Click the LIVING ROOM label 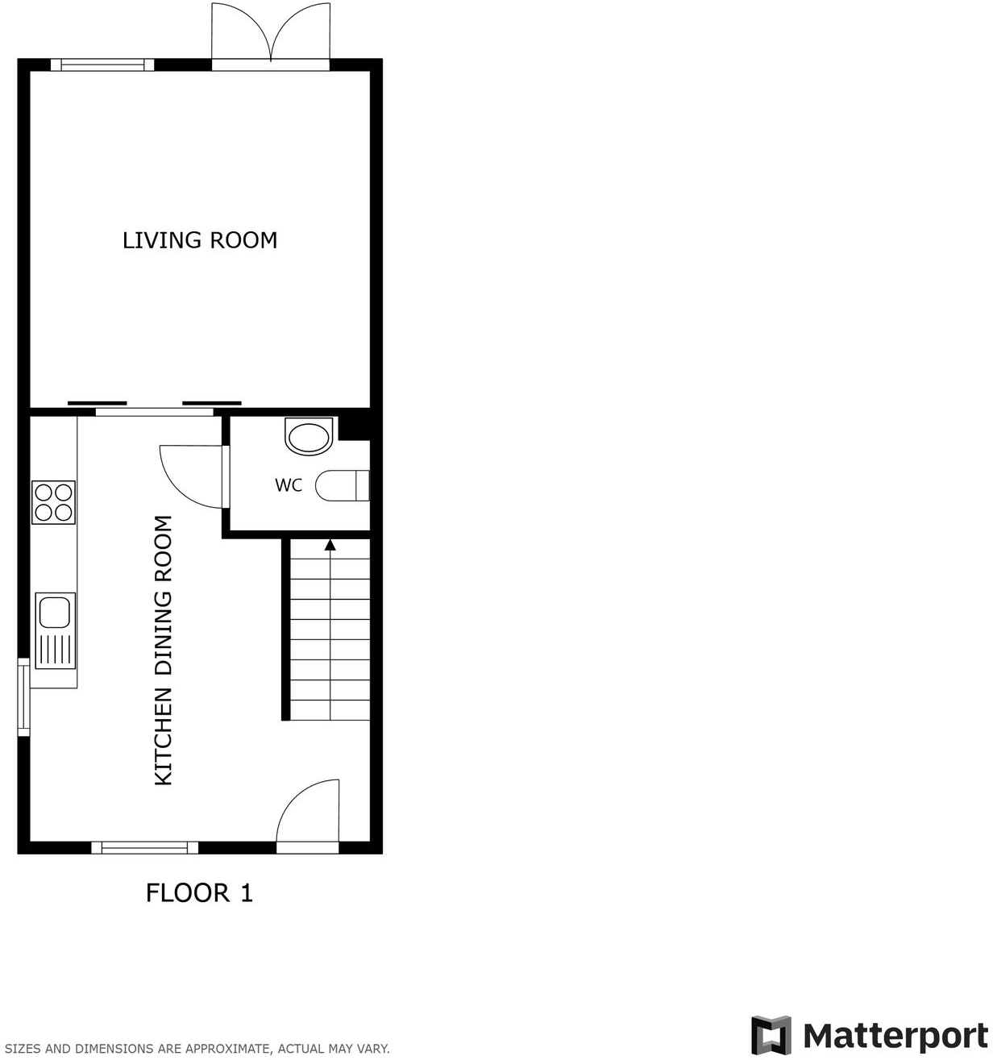[x=200, y=240]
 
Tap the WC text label [x=289, y=485]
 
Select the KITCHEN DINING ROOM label [x=164, y=650]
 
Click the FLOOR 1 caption [x=199, y=893]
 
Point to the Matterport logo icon [x=771, y=1035]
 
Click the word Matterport [x=895, y=1035]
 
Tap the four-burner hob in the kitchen [x=53, y=502]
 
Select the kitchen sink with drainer [x=55, y=631]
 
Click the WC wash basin [x=309, y=438]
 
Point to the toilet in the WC [x=342, y=486]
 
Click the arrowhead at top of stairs [x=330, y=546]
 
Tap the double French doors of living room [x=271, y=34]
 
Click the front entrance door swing [x=309, y=814]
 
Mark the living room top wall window [x=102, y=65]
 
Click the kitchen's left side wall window [x=24, y=696]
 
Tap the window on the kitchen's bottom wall [x=144, y=847]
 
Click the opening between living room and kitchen [x=154, y=412]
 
